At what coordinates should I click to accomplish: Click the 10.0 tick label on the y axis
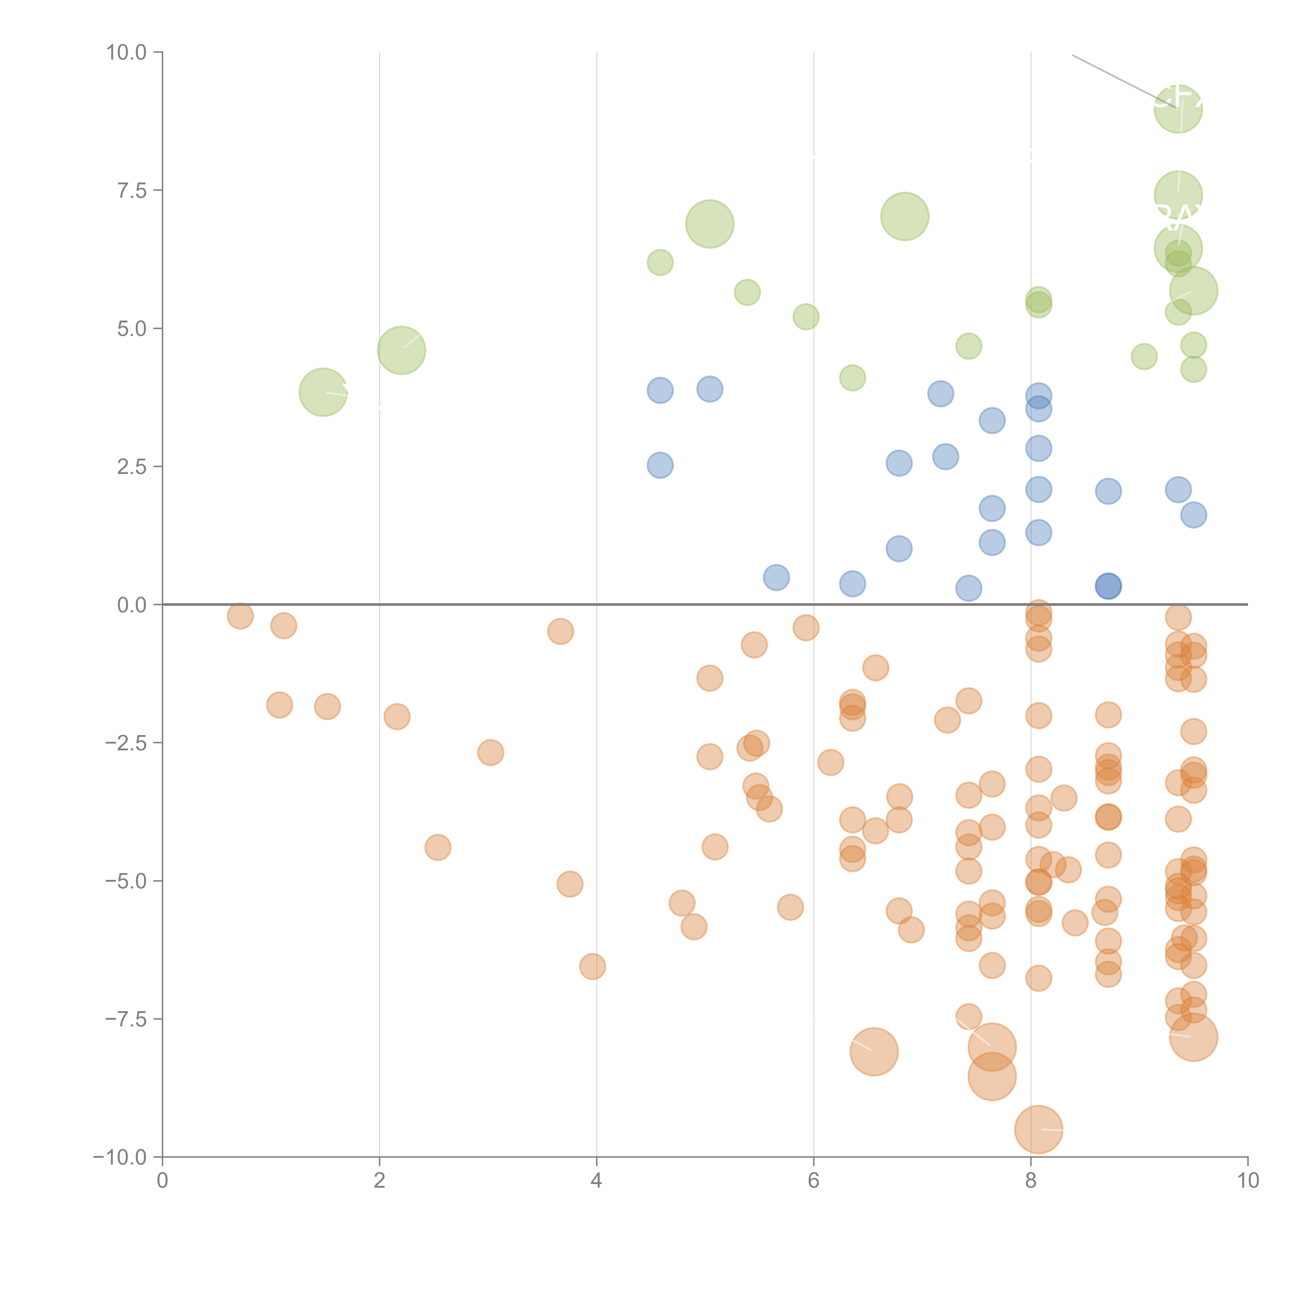[127, 53]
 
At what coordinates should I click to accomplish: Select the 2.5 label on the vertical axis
[132, 467]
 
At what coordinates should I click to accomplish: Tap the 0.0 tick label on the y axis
[132, 605]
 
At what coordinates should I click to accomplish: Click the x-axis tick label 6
[814, 1180]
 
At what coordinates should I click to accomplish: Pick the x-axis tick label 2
[380, 1180]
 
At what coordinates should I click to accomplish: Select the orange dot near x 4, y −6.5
[592, 966]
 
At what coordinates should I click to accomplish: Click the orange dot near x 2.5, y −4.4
[438, 847]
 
